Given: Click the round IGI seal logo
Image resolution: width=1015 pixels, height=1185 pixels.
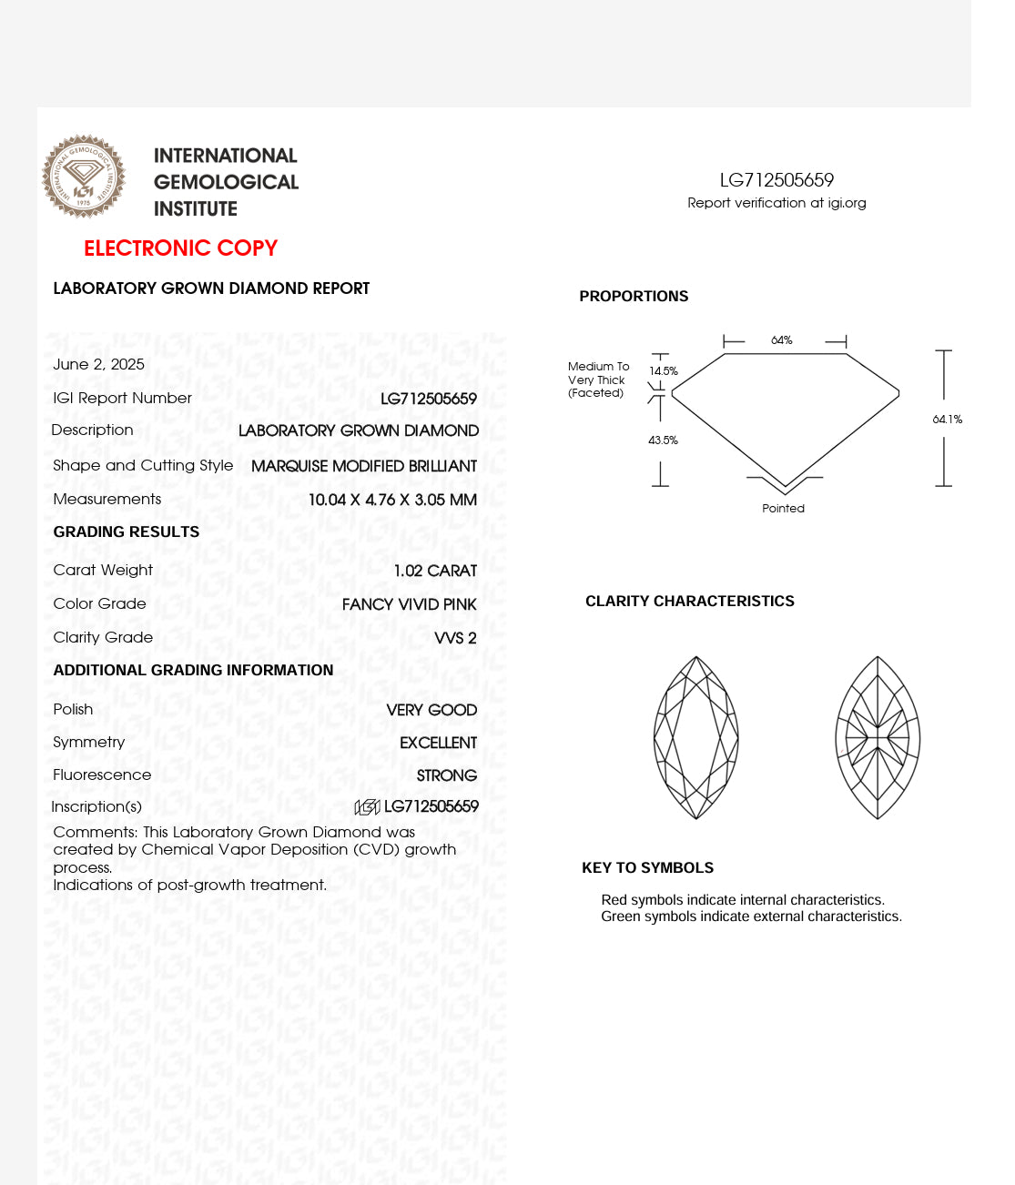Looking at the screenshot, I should coord(84,177).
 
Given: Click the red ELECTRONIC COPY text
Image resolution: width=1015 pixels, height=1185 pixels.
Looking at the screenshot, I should coord(180,248).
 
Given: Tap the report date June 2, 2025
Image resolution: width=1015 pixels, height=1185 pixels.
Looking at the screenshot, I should coord(98,364).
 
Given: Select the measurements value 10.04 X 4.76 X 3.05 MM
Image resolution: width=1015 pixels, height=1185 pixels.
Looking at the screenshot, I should coord(392,500).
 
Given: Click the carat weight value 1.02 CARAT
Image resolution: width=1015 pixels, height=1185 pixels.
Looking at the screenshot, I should coord(435,571).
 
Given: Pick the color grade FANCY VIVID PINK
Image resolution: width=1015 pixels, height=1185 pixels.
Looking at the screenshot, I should coord(409,604).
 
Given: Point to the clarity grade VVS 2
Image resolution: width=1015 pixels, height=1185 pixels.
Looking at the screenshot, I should coord(455,638).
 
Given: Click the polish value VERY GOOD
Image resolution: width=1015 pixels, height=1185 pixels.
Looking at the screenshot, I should coord(431,710).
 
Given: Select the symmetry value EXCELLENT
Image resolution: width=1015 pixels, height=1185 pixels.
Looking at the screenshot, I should coord(438,743).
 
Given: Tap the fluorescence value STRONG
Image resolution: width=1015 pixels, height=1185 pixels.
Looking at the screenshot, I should coord(446,775).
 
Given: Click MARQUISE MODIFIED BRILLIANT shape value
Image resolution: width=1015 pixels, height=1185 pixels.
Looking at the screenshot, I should coord(364,466).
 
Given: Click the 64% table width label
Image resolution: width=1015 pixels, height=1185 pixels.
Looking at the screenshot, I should coord(782,340).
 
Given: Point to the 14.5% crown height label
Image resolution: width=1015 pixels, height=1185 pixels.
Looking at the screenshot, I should coord(664,371).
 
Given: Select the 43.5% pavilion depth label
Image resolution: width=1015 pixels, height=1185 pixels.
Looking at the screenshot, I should coord(663,441).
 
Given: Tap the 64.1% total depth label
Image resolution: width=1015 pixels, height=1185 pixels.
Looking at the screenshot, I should coord(947,420).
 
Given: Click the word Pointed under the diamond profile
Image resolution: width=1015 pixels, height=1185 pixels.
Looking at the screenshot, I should coord(783,509).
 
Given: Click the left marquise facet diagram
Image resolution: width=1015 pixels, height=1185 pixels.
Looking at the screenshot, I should coord(696,737).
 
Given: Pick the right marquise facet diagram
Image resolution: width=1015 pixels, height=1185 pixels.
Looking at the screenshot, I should coord(878,737).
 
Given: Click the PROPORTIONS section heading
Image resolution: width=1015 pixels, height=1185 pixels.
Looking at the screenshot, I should coord(634,297).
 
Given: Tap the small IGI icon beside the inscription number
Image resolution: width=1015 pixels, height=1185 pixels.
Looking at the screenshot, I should coord(367,806).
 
